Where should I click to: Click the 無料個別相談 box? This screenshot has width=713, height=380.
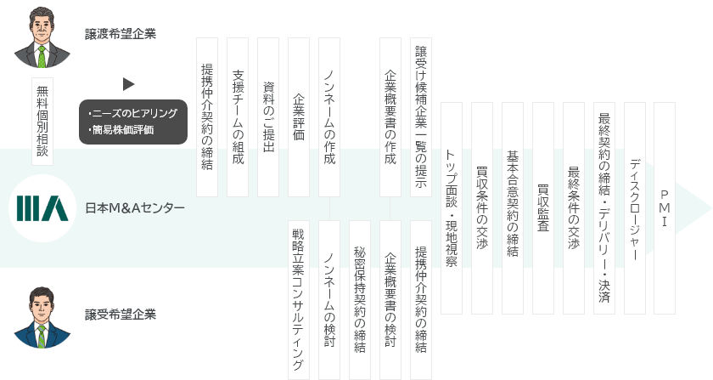[x=42, y=122]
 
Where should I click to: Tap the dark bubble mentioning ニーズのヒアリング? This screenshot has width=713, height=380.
[x=133, y=122]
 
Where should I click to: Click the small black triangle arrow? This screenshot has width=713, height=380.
[x=129, y=84]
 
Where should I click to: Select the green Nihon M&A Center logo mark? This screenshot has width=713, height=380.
[x=42, y=208]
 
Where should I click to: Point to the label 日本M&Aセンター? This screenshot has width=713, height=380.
[x=135, y=208]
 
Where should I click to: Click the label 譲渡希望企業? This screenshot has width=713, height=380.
[x=121, y=34]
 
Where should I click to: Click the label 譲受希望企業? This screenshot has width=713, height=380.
[x=121, y=315]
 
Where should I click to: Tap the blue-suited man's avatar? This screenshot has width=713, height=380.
[x=42, y=318]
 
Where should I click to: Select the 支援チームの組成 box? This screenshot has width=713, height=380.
[x=238, y=117]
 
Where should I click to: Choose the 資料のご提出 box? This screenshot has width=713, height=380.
[x=268, y=117]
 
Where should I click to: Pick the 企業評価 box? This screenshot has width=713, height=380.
[x=299, y=117]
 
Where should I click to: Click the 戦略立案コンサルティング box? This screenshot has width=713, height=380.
[x=299, y=300]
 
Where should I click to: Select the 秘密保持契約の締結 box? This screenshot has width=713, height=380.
[x=360, y=300]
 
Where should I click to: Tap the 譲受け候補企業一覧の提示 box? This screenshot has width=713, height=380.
[x=421, y=117]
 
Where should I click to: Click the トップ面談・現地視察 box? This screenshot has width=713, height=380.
[x=452, y=208]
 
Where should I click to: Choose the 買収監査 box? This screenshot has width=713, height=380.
[x=543, y=208]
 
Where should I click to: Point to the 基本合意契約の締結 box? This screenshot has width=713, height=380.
[x=513, y=208]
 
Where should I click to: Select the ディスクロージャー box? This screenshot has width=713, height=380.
[x=635, y=208]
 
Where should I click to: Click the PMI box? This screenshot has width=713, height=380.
[x=665, y=208]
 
